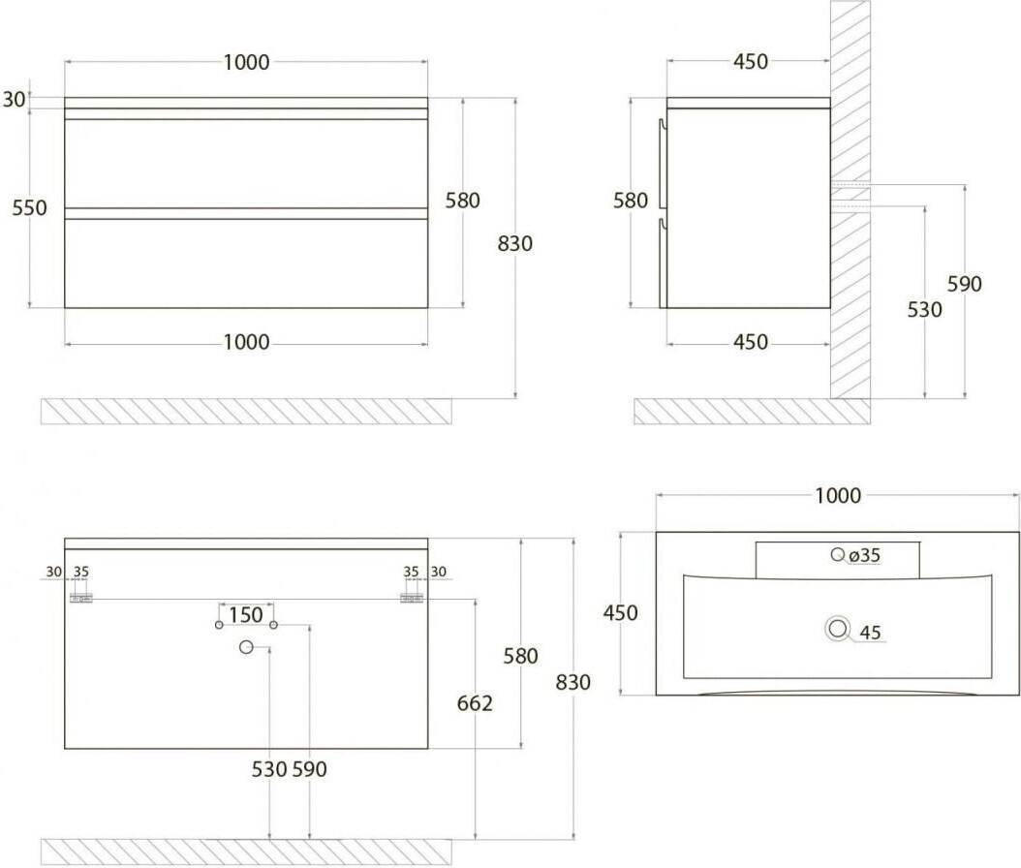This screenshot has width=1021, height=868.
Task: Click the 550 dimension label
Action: [x=29, y=207]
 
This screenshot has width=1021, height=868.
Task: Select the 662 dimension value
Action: [x=475, y=703]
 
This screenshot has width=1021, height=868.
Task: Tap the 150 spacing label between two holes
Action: [x=245, y=615]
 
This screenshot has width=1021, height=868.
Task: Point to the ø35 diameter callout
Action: [x=865, y=555]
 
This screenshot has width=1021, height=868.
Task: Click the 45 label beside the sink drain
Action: [x=870, y=633]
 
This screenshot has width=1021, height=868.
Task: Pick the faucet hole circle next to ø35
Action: [x=837, y=554]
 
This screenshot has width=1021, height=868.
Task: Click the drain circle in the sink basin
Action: [x=837, y=629]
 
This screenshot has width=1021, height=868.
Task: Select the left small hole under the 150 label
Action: [x=219, y=625]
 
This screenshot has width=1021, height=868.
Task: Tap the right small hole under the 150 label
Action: [x=273, y=625]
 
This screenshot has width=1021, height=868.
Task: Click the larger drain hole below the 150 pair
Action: [x=245, y=647]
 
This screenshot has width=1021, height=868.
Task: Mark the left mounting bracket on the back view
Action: [x=81, y=599]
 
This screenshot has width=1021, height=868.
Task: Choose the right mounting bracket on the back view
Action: [x=412, y=599]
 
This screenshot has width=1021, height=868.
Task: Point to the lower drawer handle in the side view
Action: [x=663, y=263]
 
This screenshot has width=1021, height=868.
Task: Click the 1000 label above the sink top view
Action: [x=838, y=496]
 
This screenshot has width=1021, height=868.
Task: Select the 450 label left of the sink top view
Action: [x=620, y=613]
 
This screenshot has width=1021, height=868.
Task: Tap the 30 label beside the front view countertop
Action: [x=15, y=100]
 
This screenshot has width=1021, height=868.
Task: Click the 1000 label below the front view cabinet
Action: [x=246, y=342]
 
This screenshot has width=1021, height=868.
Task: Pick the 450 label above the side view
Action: [x=751, y=61]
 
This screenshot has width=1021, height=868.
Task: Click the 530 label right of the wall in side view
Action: [x=925, y=309]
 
